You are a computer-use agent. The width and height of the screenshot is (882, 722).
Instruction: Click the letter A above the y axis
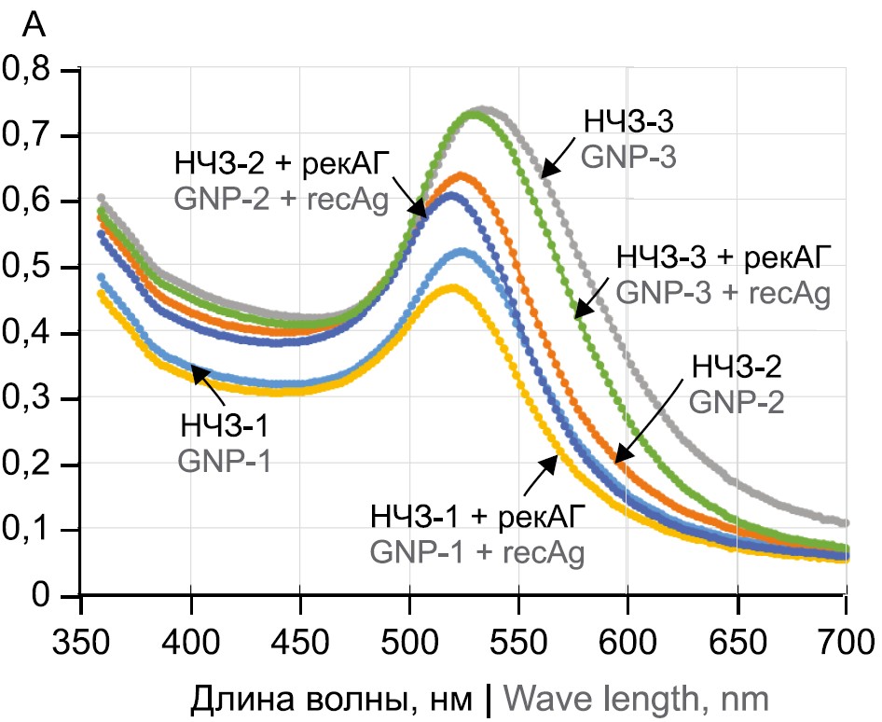click(33, 26)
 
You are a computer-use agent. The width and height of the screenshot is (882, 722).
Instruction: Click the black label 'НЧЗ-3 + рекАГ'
click(723, 256)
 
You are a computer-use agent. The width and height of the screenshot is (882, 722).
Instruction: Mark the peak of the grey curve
click(483, 109)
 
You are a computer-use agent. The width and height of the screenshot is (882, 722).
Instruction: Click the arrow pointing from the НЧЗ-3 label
click(558, 160)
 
